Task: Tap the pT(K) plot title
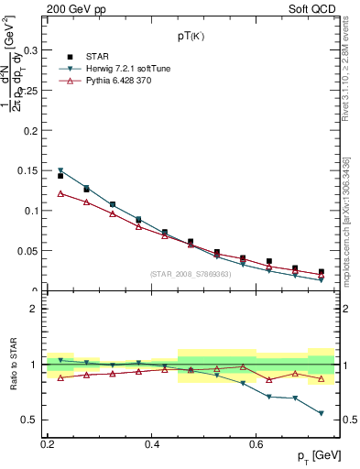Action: (x=191, y=37)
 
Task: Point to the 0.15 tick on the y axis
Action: (x=32, y=170)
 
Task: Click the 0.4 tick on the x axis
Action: (x=152, y=444)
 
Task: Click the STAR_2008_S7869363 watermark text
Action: (x=191, y=274)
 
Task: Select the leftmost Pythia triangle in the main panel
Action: (x=60, y=193)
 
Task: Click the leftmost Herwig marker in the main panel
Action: (x=60, y=170)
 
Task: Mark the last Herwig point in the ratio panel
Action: (x=322, y=413)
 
